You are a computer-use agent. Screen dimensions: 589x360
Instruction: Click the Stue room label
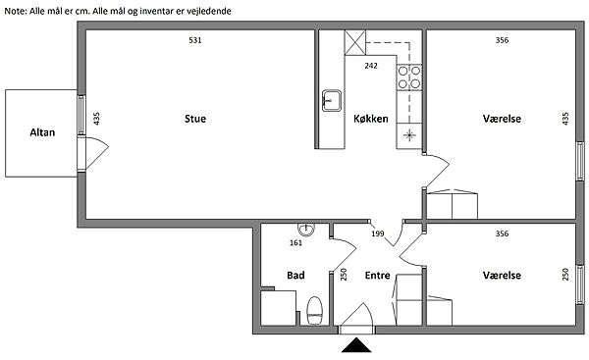(x=195, y=119)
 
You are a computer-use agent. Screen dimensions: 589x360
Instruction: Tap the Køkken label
(x=371, y=119)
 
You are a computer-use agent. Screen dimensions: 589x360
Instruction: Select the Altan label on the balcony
(x=42, y=132)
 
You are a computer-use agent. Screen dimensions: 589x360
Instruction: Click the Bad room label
(x=295, y=276)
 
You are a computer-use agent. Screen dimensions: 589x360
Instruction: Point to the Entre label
(x=378, y=276)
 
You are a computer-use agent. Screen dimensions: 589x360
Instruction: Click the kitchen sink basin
(x=332, y=101)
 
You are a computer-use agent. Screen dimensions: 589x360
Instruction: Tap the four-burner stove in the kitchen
(x=409, y=77)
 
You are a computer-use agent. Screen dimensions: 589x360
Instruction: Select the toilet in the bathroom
(x=315, y=310)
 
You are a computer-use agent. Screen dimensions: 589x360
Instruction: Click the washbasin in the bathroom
(x=306, y=230)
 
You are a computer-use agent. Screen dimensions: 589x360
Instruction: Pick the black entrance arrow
(x=356, y=345)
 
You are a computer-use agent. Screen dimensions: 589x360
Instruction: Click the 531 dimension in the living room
(x=195, y=40)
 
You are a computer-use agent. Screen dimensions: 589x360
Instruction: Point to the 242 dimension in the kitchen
(x=371, y=66)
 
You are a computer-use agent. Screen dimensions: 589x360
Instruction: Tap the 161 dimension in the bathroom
(x=296, y=243)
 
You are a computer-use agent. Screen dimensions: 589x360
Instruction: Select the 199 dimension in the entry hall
(x=378, y=233)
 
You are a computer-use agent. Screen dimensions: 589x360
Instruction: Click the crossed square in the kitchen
(x=355, y=43)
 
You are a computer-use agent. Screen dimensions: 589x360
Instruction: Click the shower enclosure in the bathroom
(x=278, y=308)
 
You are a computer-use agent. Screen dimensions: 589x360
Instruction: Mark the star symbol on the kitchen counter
(x=409, y=135)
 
